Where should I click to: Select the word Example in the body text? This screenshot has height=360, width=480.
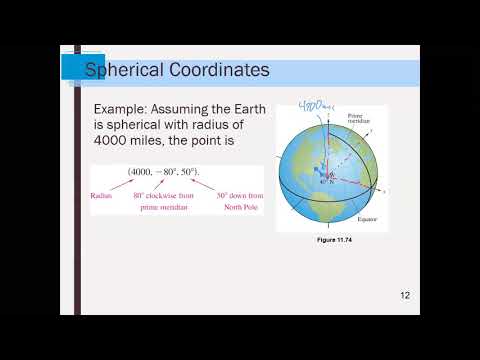pyautogui.click(x=123, y=108)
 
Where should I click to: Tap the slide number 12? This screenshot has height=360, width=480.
pyautogui.click(x=405, y=295)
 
